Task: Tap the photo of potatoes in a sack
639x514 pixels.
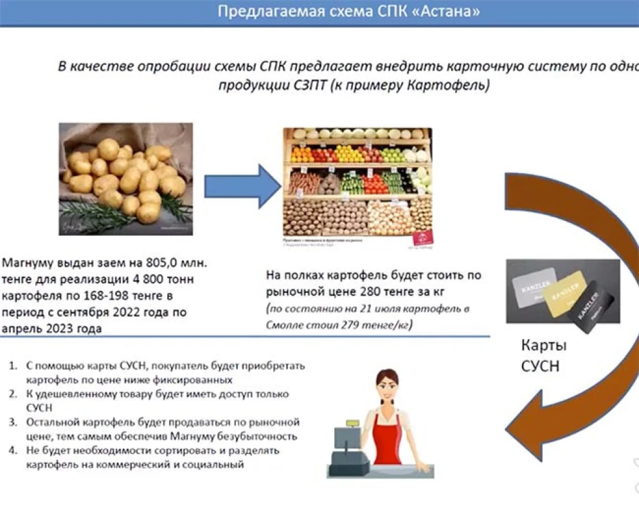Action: coord(126,178)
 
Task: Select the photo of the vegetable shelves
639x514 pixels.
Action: coord(358,186)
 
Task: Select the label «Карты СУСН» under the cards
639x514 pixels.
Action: coord(544,357)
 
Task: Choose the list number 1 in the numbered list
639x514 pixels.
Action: coord(12,366)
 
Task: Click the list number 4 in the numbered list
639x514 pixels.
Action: coord(12,450)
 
